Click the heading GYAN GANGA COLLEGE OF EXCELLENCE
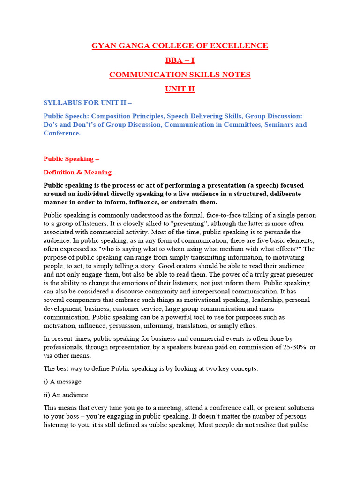click(180, 46)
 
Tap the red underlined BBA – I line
click(180, 60)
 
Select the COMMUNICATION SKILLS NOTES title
click(180, 75)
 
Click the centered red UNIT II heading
click(180, 89)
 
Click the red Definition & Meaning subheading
click(80, 172)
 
